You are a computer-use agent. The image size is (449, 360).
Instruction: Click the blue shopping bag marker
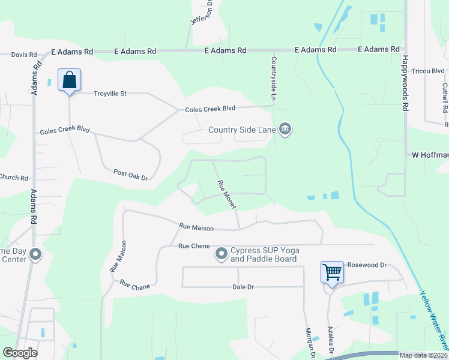tap(69, 80)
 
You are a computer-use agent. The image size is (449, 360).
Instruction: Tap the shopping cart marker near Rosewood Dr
tap(332, 273)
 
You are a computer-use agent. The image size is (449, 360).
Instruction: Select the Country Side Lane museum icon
tap(286, 130)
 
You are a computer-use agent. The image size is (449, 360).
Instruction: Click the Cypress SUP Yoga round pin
tap(221, 254)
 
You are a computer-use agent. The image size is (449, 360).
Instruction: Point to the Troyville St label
tap(110, 94)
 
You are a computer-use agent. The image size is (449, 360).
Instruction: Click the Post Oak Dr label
tap(130, 175)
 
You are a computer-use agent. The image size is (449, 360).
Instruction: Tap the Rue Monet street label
tap(226, 195)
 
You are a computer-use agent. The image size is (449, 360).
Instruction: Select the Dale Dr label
tap(243, 287)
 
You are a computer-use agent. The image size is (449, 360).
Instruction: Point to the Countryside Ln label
tap(273, 79)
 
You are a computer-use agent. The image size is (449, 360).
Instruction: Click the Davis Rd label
tap(24, 55)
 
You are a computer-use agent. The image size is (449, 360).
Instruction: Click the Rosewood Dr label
tap(369, 265)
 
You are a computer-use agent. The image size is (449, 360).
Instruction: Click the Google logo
tap(20, 353)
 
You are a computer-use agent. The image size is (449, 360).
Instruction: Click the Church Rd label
tap(14, 178)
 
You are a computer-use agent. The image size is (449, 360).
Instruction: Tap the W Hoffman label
tap(430, 155)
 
